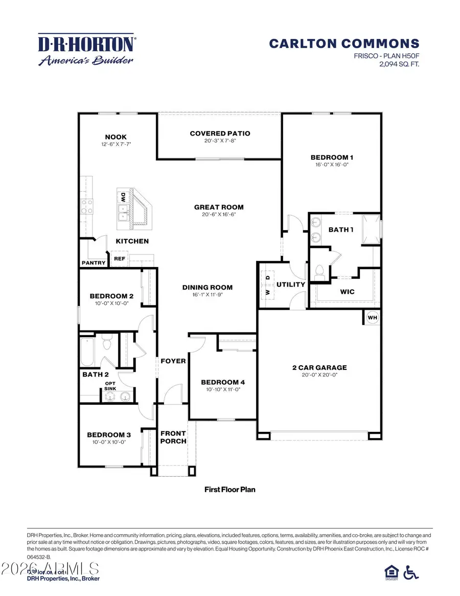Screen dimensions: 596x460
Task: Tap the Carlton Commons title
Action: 344,44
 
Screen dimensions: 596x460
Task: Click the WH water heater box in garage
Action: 373,318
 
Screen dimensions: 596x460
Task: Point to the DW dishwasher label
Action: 123,197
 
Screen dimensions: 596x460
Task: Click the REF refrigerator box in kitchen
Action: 119,259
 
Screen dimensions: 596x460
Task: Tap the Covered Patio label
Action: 220,134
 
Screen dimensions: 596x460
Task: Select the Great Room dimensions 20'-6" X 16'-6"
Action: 219,215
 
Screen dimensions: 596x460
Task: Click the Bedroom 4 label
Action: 223,382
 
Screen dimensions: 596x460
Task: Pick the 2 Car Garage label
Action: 319,367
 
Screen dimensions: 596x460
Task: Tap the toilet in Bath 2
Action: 107,342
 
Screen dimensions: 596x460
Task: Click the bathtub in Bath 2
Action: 87,352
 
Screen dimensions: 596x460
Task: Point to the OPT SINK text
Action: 110,387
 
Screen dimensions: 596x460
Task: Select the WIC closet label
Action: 347,292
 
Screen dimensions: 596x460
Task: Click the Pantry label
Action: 94,263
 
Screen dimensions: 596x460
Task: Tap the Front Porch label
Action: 173,437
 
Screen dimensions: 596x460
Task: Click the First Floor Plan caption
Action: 229,490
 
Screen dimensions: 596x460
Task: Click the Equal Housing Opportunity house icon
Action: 390,571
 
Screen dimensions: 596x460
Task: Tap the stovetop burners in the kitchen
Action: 87,206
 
